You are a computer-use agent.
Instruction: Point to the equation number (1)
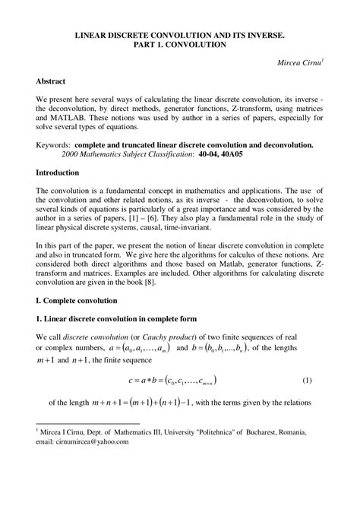(307, 378)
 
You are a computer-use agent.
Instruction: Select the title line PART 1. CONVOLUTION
(180, 45)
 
